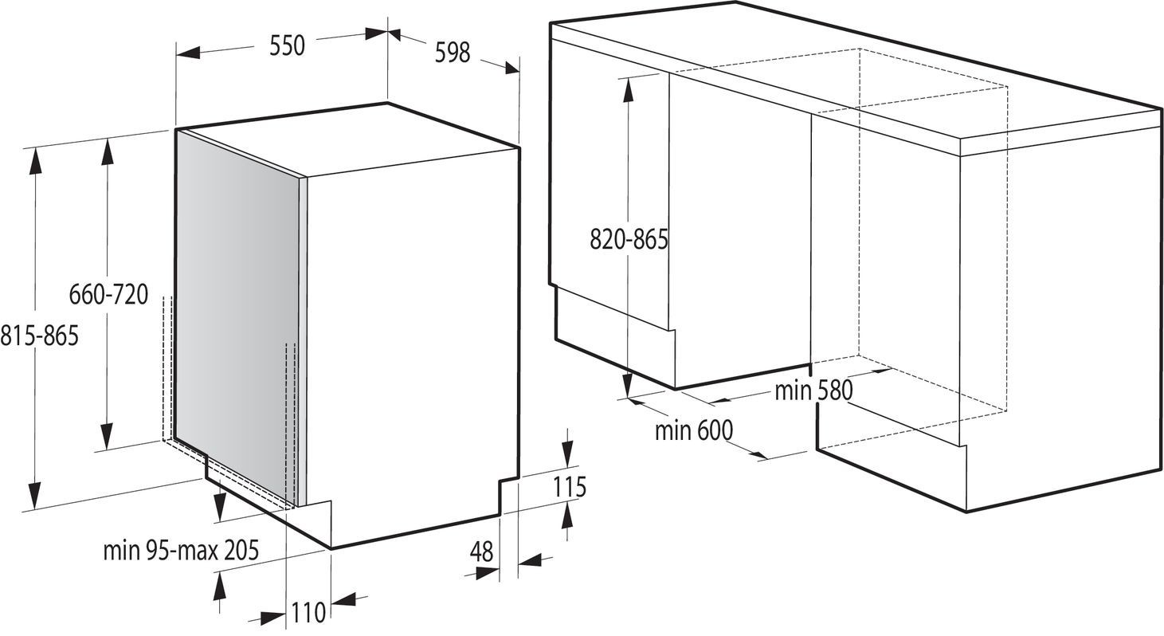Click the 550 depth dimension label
click(287, 45)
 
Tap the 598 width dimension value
click(452, 53)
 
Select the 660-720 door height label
click(108, 294)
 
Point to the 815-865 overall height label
click(39, 336)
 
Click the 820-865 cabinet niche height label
click(629, 240)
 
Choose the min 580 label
click(813, 391)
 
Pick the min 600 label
click(694, 430)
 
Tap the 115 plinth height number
click(569, 487)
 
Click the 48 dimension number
click(481, 552)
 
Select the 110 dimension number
click(308, 612)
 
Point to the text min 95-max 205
click(181, 550)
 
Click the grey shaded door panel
click(239, 317)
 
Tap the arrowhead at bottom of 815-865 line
click(34, 496)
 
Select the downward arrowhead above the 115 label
click(567, 453)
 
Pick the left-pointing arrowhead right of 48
click(531, 560)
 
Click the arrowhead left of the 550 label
click(188, 53)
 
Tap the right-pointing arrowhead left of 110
click(274, 618)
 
